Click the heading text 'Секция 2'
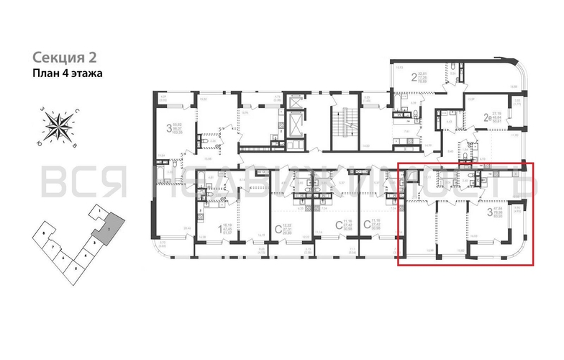click(63, 57)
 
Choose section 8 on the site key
click(45, 234)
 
